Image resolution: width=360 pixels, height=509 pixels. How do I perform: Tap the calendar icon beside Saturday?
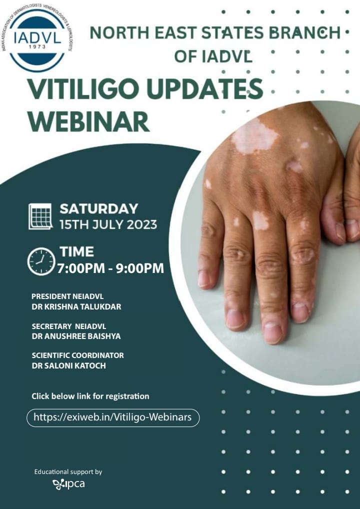pyautogui.click(x=40, y=216)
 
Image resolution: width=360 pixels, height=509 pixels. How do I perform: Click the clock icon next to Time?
pyautogui.click(x=41, y=261)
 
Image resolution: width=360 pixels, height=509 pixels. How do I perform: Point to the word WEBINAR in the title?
pyautogui.click(x=88, y=121)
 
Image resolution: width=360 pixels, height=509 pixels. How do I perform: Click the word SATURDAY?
pyautogui.click(x=98, y=208)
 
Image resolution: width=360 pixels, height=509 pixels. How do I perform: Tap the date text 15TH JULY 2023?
pyautogui.click(x=108, y=224)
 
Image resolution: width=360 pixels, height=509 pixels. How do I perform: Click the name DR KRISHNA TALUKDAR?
pyautogui.click(x=76, y=307)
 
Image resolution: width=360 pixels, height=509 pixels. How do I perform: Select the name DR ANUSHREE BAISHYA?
pyautogui.click(x=76, y=336)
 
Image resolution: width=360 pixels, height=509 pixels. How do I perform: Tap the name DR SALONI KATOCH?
pyautogui.click(x=69, y=365)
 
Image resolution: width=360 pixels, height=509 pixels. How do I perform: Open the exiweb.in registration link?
pyautogui.click(x=112, y=417)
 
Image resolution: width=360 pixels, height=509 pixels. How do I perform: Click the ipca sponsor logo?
pyautogui.click(x=68, y=484)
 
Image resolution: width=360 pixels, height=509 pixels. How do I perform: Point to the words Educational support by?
pyautogui.click(x=68, y=471)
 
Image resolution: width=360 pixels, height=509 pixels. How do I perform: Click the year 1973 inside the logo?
pyautogui.click(x=37, y=46)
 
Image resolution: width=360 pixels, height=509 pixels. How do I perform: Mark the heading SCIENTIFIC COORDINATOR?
pyautogui.click(x=77, y=355)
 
